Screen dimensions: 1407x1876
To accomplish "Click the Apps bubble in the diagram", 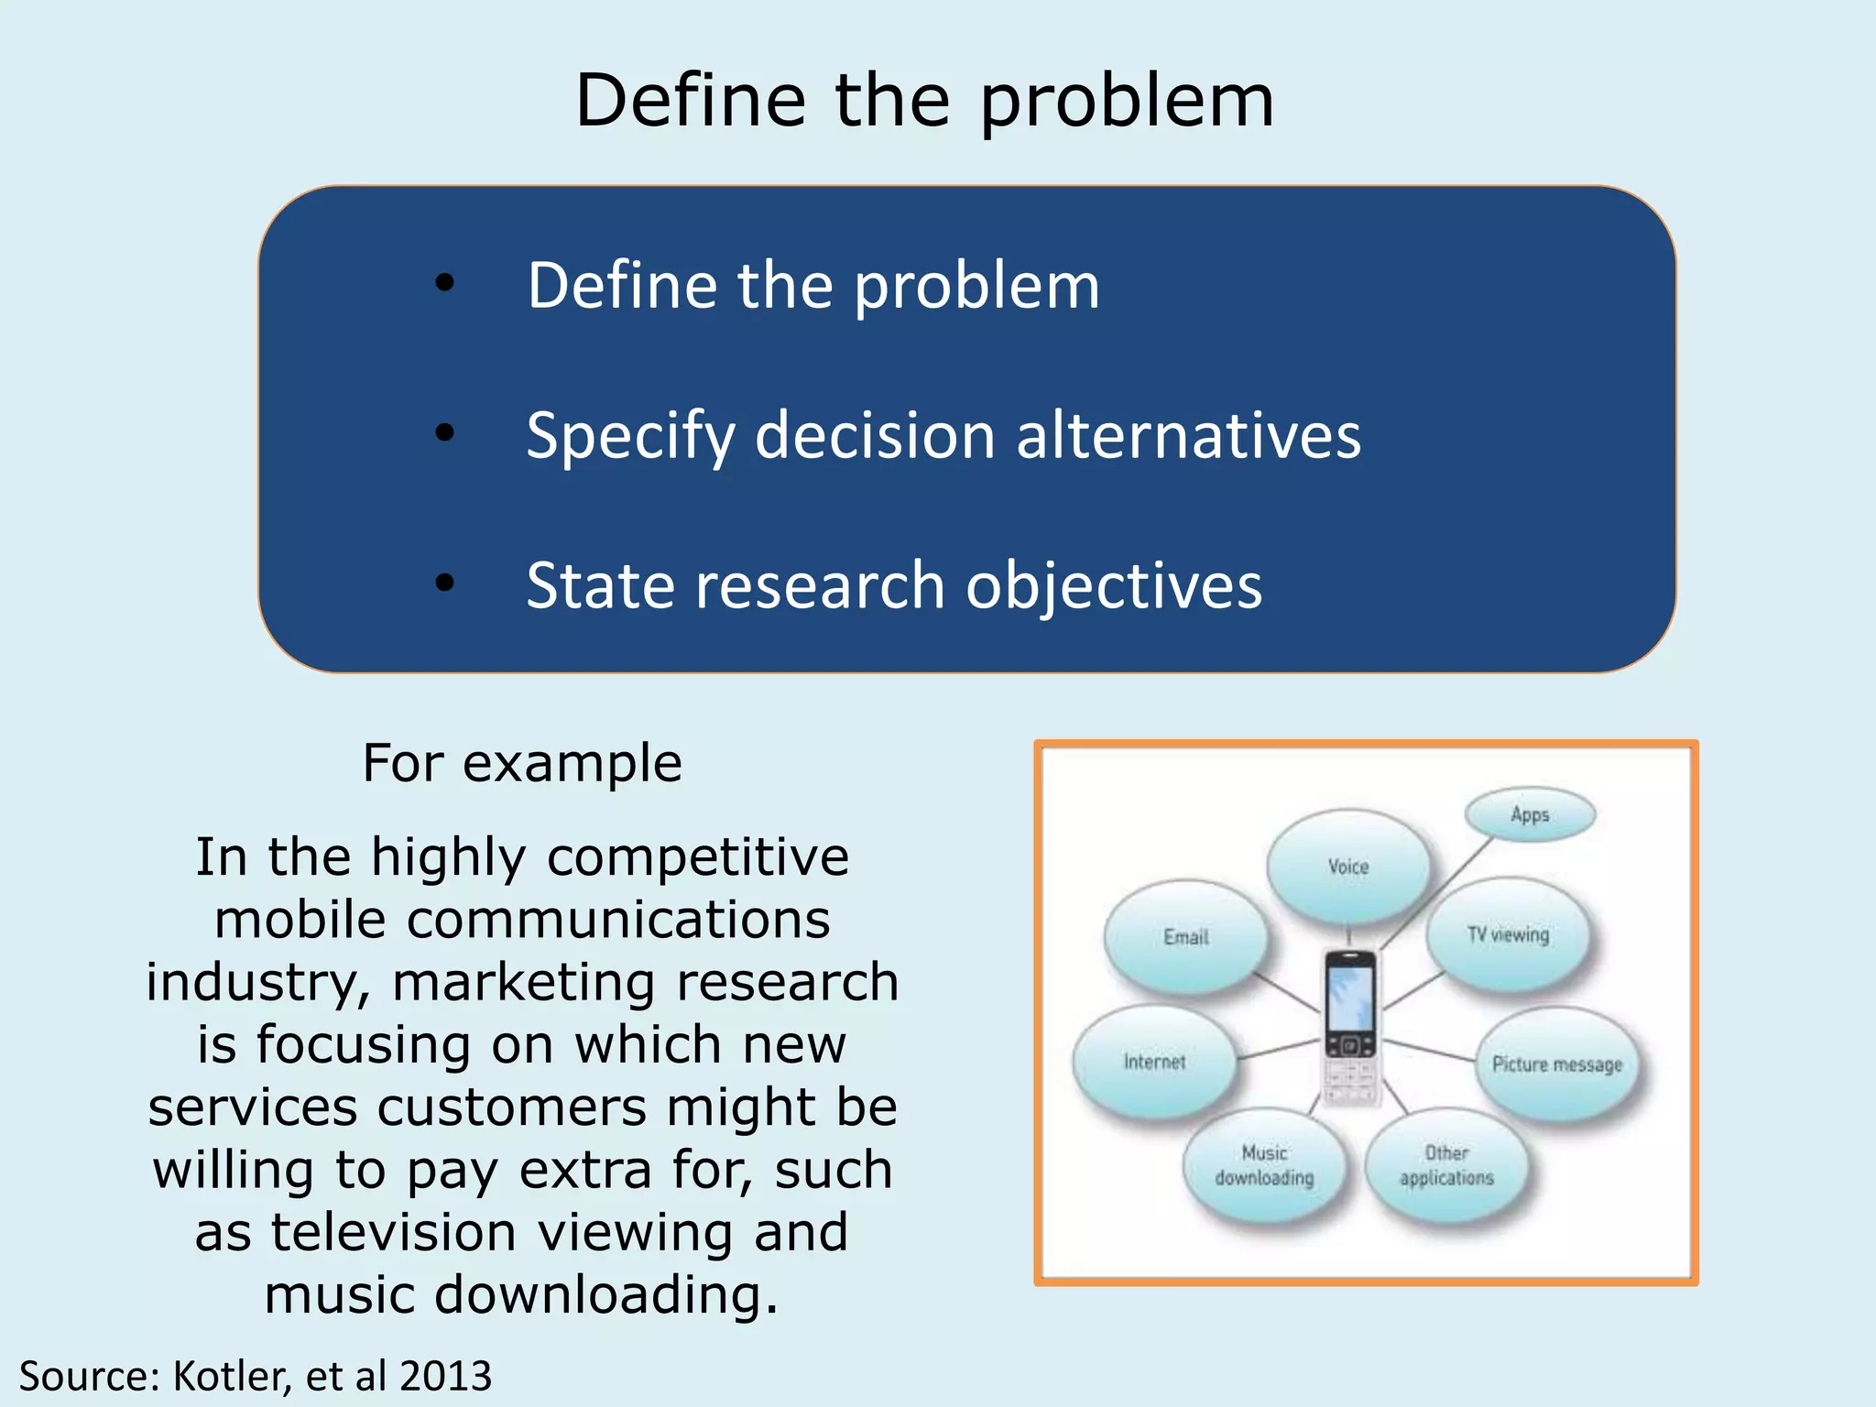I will pos(1530,814).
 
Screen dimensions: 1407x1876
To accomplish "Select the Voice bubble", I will pos(1347,867).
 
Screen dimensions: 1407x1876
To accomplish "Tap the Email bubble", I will pos(1185,937).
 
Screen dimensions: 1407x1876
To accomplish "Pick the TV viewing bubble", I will pos(1508,934).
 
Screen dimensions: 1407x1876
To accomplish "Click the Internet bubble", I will pos(1154,1062).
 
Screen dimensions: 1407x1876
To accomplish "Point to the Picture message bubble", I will pos(1556,1064).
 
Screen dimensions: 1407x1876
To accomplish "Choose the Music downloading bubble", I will pos(1264,1165).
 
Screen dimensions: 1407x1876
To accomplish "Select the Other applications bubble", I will pos(1446,1165).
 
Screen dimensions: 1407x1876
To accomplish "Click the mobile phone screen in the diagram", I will pos(1350,998).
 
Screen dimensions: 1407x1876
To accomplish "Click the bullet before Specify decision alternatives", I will pos(445,432).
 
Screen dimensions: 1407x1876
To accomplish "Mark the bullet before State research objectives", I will pos(445,583).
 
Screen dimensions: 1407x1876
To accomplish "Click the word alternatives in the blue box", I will pos(1188,435).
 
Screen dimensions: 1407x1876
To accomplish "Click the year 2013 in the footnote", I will pos(446,1376).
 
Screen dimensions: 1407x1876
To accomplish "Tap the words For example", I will pos(522,763).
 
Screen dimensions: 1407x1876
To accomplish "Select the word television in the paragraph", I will pos(394,1232).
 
